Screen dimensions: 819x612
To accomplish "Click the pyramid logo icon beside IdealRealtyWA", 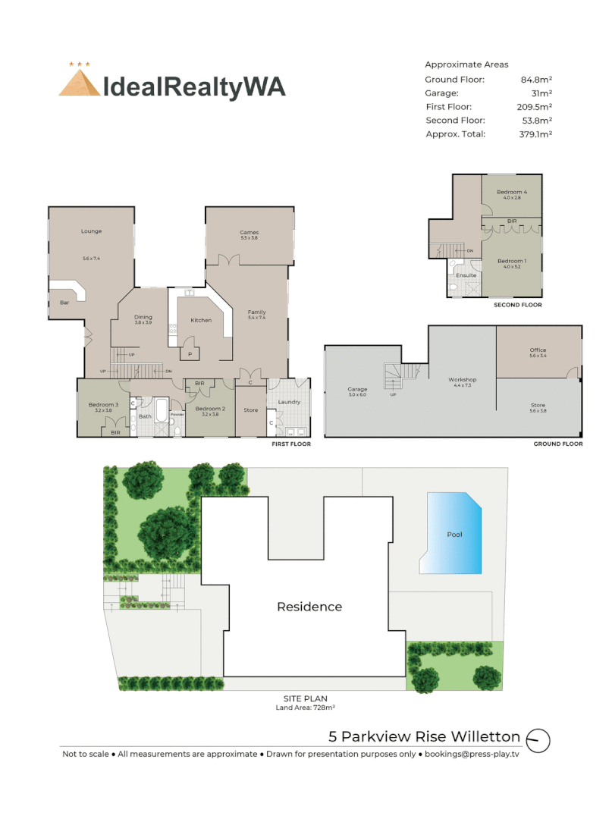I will click(80, 81).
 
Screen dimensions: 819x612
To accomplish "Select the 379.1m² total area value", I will click(535, 134).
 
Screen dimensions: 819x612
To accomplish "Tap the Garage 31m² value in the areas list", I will click(540, 93).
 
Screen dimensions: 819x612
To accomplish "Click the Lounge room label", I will click(92, 231).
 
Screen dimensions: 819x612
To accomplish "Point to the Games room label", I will click(249, 233).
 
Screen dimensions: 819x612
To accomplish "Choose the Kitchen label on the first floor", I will click(201, 320).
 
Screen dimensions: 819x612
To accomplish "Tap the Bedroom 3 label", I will click(102, 405).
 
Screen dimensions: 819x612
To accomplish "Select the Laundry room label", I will click(289, 402).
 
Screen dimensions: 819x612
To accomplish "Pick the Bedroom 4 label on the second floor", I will click(512, 193).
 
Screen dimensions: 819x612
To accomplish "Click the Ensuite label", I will click(466, 275).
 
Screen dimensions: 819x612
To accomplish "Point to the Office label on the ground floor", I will click(538, 350).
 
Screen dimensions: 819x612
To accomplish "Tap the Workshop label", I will click(462, 379).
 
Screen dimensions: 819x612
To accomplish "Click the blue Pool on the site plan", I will click(454, 533).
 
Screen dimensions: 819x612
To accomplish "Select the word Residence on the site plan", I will click(309, 607).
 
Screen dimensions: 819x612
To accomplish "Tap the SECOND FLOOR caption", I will click(517, 305).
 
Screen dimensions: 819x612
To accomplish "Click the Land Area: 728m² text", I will click(305, 708).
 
